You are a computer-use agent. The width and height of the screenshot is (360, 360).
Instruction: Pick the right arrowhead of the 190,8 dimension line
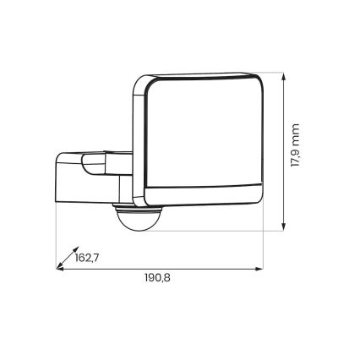click(259, 270)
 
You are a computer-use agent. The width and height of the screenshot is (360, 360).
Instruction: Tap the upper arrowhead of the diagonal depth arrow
click(73, 252)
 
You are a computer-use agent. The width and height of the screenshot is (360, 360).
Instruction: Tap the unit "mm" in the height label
click(296, 131)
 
